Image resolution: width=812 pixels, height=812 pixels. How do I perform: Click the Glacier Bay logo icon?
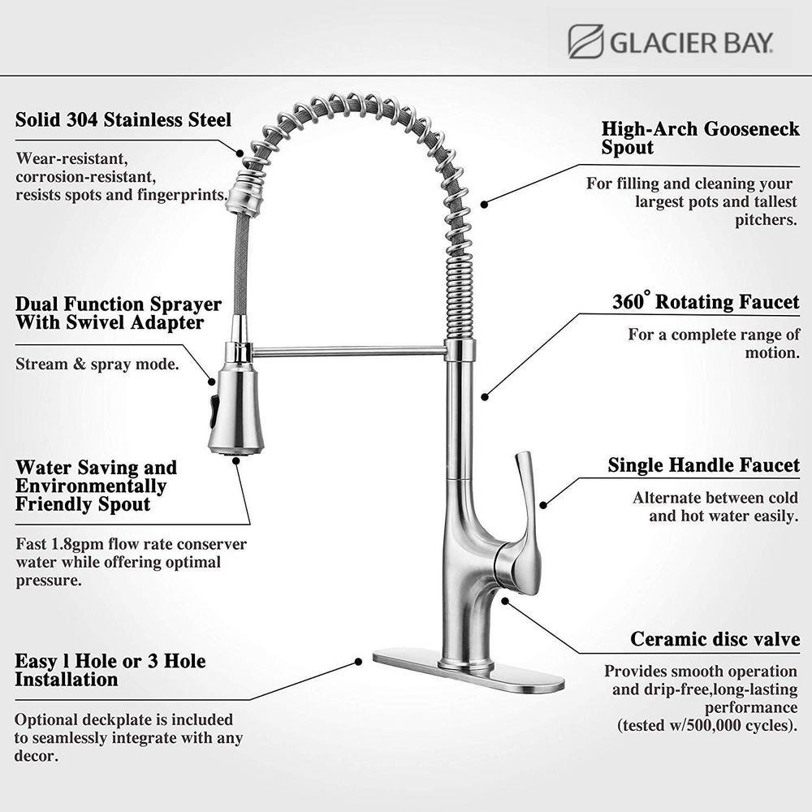[x=585, y=41]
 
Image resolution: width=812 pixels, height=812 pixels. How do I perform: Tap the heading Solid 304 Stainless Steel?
[x=123, y=120]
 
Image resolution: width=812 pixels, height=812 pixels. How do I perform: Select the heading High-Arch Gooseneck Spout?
[x=700, y=138]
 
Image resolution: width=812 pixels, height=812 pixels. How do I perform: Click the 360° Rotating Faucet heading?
[x=706, y=302]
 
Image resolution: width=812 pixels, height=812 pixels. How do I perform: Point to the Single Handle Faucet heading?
[x=703, y=465]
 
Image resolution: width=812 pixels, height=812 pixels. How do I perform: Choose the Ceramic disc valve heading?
[x=715, y=639]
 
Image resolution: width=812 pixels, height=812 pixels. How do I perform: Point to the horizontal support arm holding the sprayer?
[x=349, y=352]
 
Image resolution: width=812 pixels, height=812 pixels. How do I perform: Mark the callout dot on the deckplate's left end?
[x=358, y=662]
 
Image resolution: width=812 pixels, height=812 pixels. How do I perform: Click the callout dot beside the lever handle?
[x=543, y=504]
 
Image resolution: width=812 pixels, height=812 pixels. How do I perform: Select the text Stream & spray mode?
[x=97, y=364]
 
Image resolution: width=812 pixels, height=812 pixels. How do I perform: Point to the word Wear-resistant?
[x=71, y=158]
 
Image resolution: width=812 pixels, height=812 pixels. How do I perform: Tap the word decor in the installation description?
[x=37, y=756]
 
